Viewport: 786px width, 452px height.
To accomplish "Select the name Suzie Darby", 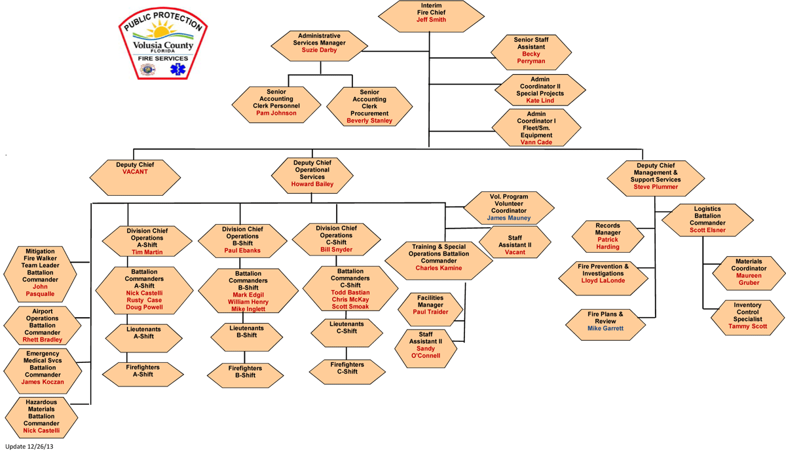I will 319,50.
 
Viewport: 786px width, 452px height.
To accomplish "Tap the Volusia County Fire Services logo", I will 160,47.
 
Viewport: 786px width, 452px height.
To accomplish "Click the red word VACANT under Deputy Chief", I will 135,172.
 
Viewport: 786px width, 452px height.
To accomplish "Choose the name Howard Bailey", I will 312,184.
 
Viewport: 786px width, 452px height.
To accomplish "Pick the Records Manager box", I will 607,236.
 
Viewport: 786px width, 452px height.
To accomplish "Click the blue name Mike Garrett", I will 605,328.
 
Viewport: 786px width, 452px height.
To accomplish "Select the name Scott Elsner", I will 707,230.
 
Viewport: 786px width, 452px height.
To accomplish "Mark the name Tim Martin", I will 146,252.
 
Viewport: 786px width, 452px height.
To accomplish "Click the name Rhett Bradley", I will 42,339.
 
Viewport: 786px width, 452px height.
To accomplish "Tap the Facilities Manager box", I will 430,305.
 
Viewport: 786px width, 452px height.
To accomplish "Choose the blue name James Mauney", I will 509,217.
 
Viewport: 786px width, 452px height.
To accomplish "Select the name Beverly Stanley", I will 369,121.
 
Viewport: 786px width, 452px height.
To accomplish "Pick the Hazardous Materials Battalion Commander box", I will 41,417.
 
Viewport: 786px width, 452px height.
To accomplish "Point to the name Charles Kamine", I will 438,268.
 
